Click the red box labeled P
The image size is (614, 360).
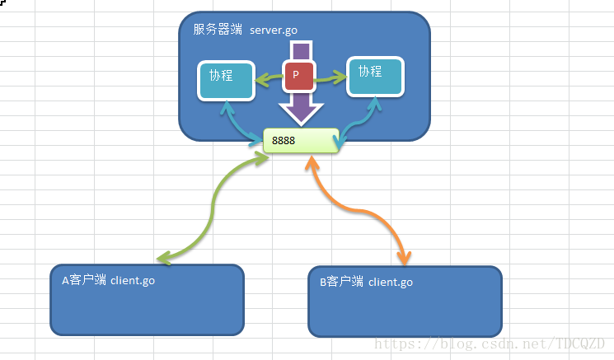(296, 76)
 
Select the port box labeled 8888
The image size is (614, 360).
(301, 141)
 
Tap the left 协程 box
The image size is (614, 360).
(225, 80)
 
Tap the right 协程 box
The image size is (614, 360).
(374, 76)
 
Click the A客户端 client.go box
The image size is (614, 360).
(148, 300)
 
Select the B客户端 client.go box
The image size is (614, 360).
(405, 302)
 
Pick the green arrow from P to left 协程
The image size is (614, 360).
(268, 80)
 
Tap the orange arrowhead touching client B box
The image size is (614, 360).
(403, 259)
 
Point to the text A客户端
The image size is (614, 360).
(84, 280)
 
